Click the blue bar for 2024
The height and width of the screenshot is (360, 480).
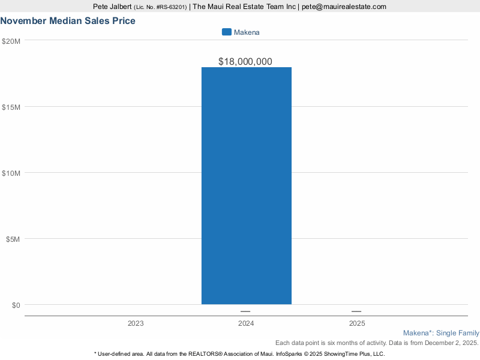point(246,186)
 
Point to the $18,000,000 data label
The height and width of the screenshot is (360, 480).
point(245,61)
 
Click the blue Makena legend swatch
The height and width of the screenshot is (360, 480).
point(226,32)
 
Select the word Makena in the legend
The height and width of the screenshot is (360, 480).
point(247,32)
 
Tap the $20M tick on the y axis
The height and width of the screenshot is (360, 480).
point(11,41)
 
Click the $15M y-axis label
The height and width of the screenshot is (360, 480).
point(11,107)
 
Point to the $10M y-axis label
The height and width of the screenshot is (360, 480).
point(11,173)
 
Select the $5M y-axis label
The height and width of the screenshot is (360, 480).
point(13,239)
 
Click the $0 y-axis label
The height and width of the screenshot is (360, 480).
point(15,305)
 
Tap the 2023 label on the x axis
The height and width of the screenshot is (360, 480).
point(136,323)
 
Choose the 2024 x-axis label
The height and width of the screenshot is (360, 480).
point(246,323)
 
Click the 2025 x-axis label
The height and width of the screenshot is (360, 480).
point(356,323)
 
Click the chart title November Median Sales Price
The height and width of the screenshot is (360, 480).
point(68,21)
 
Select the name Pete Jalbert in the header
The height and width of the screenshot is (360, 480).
point(112,7)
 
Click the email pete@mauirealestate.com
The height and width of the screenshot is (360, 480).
point(344,7)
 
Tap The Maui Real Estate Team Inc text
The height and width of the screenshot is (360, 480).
point(245,7)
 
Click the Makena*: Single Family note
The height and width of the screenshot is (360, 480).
point(441,333)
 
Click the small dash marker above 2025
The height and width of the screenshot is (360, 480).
point(356,311)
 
